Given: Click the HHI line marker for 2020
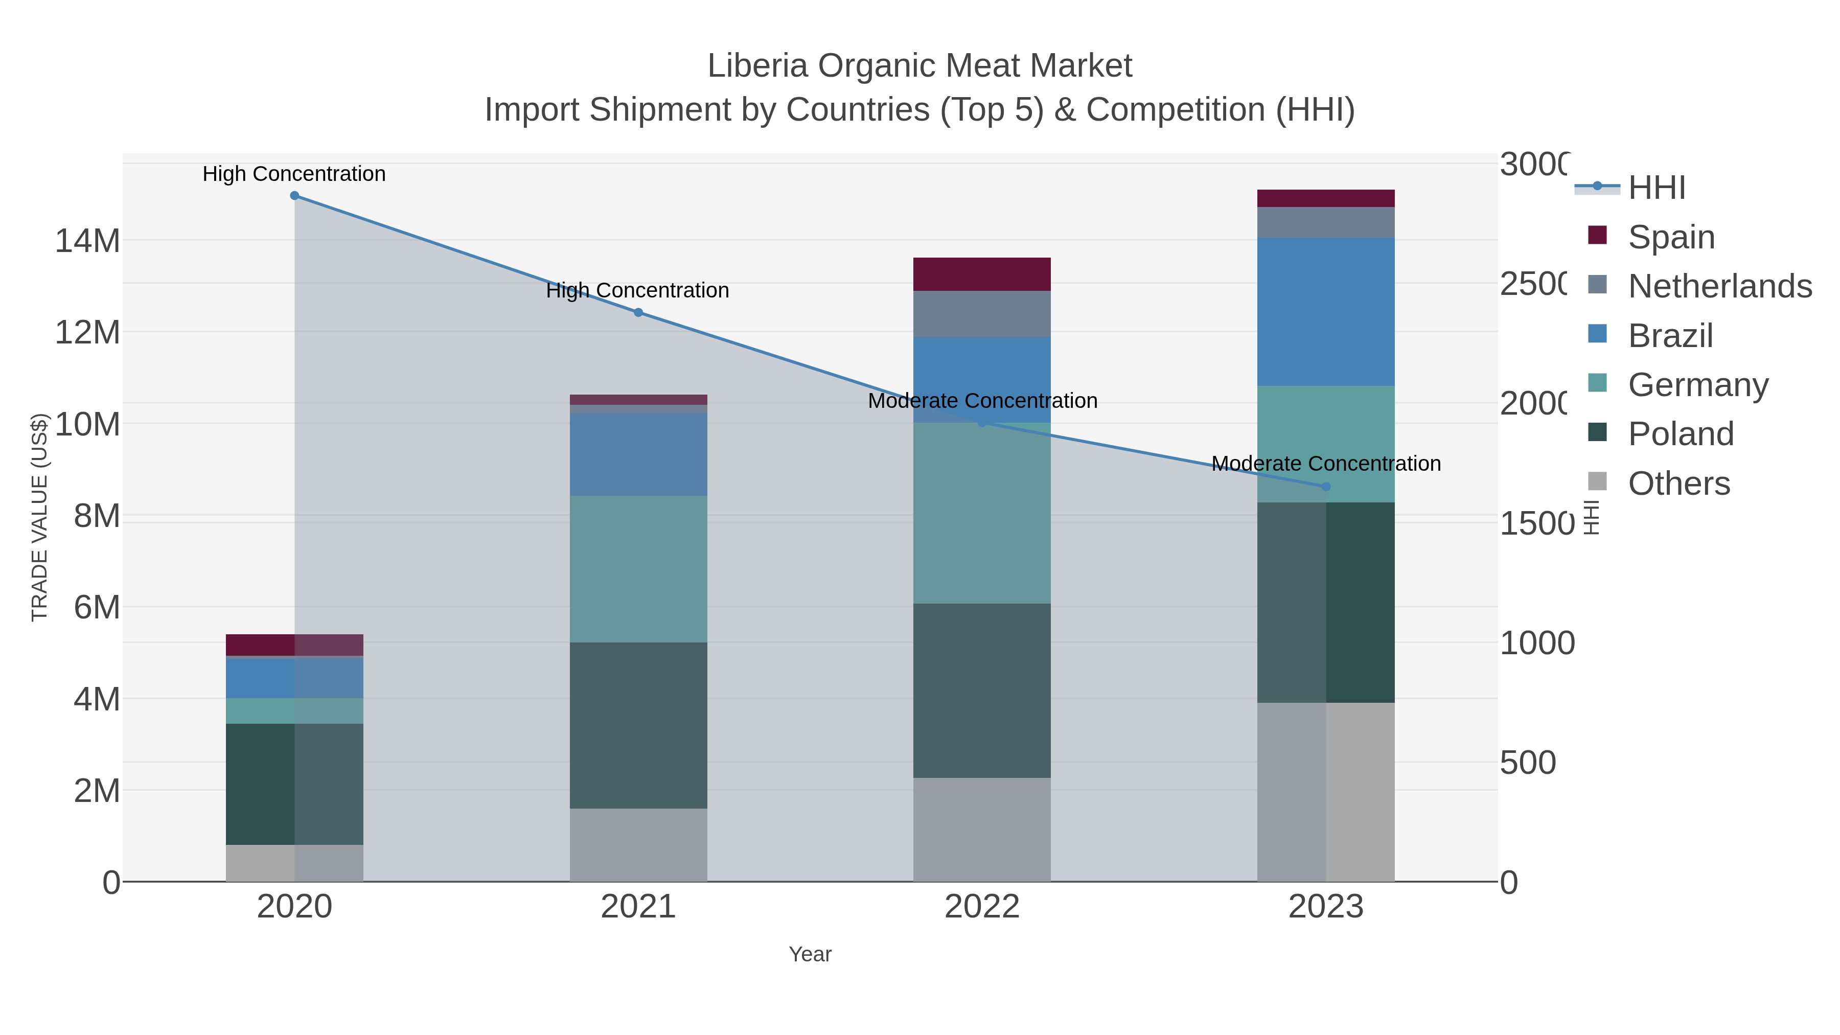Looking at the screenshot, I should [294, 196].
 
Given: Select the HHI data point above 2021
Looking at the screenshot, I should [638, 312].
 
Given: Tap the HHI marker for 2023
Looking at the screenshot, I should [1326, 487].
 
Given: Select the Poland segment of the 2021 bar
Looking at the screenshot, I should [638, 725].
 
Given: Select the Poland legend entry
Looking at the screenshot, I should [1680, 433].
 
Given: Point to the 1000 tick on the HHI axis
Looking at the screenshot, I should [1536, 643].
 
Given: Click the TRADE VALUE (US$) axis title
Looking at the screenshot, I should [39, 517].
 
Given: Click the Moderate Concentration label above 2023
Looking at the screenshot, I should [1326, 464].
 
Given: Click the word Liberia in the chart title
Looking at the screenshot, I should [757, 66].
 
